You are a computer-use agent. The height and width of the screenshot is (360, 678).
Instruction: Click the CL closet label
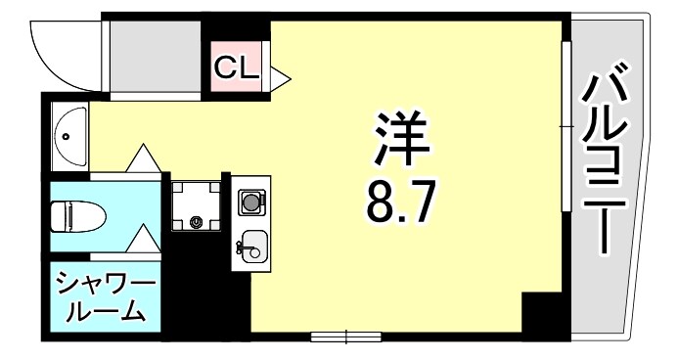[x=236, y=67]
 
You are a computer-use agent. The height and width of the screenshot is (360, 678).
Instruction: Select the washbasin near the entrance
[x=69, y=136]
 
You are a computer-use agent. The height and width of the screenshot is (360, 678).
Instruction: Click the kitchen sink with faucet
[x=250, y=246]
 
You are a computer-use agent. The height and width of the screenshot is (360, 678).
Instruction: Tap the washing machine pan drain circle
[x=197, y=222]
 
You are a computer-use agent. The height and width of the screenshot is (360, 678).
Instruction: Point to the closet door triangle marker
[x=278, y=73]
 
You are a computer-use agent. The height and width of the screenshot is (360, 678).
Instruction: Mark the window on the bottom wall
[x=345, y=337]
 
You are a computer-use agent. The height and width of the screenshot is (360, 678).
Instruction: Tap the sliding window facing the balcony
[x=565, y=127]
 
